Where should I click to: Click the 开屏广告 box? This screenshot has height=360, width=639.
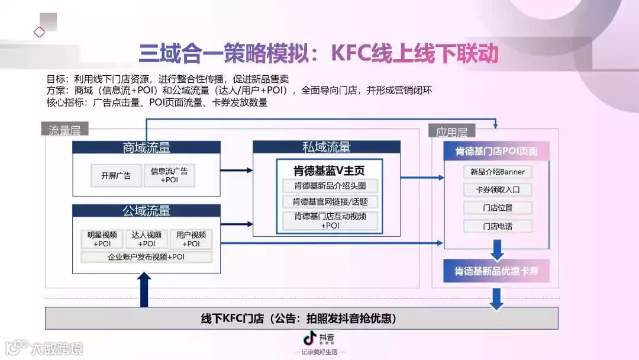pos(115,175)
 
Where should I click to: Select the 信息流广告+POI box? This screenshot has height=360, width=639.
pos(169,175)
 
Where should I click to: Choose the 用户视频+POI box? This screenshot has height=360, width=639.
pos(191,239)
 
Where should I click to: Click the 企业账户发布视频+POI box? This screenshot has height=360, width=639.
pos(146,257)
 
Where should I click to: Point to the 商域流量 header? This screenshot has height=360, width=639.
pos(146,147)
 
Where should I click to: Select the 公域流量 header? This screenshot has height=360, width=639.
pos(146,210)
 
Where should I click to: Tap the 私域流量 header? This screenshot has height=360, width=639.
pos(326,147)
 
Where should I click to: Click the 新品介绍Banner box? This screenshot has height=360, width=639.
pos(497,172)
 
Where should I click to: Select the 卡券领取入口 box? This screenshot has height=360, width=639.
pos(497,190)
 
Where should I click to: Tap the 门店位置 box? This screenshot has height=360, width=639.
pos(497,208)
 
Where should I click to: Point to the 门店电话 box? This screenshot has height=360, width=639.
pos(497,226)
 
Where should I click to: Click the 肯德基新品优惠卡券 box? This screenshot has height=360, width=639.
pos(496,271)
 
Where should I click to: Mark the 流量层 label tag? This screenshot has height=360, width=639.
pos(64,130)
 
